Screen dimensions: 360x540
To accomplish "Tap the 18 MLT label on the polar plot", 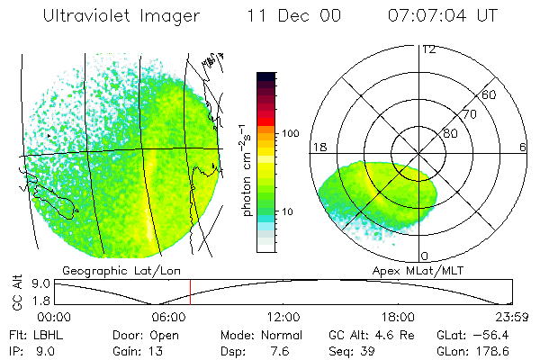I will point(318,147).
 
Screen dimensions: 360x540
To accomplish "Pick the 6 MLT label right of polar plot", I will point(523,147).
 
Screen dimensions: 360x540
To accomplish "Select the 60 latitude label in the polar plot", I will point(490,94).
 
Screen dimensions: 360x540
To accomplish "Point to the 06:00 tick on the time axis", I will point(169,317).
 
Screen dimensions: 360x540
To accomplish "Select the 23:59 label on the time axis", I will point(512,317).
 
